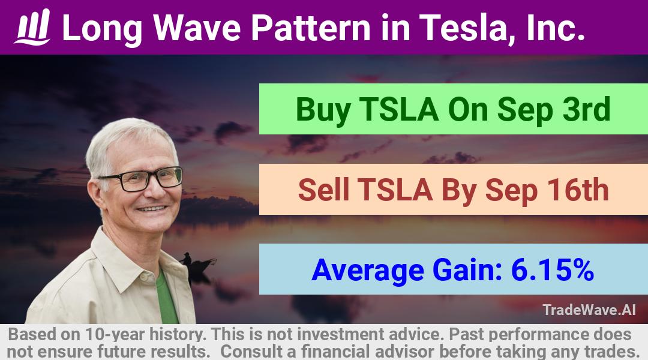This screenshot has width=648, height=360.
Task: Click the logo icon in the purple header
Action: tap(32, 27)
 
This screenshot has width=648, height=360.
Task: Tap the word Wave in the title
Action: tap(197, 28)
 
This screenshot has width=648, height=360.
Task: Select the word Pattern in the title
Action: tap(311, 28)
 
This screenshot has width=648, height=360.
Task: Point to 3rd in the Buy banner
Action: tap(586, 110)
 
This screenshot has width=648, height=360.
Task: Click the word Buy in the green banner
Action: tap(323, 110)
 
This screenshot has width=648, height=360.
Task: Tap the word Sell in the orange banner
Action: tap(323, 190)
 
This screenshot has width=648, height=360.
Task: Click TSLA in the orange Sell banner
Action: tap(395, 190)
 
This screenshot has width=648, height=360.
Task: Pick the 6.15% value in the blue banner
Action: tap(553, 270)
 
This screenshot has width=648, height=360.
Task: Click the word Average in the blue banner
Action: tap(368, 271)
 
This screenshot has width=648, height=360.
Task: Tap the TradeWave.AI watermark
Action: tap(589, 310)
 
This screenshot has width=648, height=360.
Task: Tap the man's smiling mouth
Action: tap(152, 209)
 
